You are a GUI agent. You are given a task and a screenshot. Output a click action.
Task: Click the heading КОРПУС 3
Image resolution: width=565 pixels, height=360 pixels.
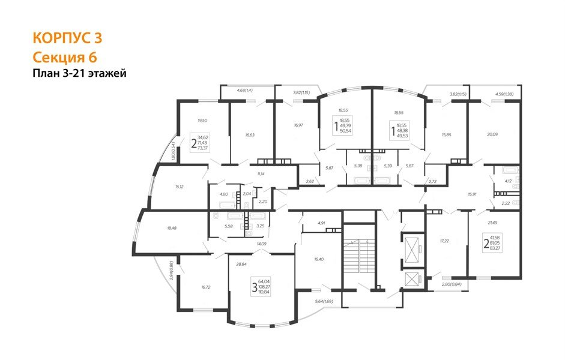[67, 38]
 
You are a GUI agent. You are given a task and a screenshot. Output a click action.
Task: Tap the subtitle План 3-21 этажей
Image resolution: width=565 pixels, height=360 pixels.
[79, 74]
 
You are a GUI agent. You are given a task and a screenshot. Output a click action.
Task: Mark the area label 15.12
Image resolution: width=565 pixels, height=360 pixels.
[180, 187]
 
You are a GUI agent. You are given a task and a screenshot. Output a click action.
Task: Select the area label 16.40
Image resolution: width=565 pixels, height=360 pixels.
[319, 259]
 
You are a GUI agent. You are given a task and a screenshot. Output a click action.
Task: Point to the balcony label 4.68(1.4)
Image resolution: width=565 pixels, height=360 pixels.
[245, 90]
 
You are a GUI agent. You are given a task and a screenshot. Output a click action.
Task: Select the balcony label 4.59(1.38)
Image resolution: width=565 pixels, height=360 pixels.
[504, 94]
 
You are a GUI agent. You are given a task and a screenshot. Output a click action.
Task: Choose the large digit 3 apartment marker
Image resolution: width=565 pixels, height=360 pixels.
[254, 287]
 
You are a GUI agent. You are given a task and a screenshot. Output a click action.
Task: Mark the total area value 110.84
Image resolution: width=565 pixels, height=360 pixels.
[265, 292]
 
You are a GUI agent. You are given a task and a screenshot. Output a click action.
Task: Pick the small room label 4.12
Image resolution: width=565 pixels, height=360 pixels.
[507, 181]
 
